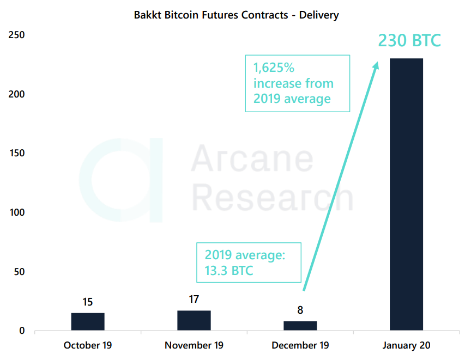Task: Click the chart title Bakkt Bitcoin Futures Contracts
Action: pos(236,15)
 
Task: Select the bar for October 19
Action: pos(88,321)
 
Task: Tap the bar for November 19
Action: pos(194,320)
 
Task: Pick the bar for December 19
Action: pos(300,326)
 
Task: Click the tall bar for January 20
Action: pos(406,194)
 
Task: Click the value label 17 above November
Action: pos(194,300)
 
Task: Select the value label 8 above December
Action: pos(300,310)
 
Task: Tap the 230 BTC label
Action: pos(409,41)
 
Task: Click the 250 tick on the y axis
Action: pos(17,35)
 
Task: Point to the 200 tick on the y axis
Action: pos(17,94)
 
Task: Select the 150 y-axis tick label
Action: pos(17,154)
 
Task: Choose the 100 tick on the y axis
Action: pos(17,212)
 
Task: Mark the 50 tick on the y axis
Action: pos(19,272)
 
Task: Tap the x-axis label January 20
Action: pos(407,345)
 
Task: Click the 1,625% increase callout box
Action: pos(297,83)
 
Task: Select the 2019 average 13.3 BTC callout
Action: pos(248,263)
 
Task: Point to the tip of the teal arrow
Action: pos(377,62)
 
